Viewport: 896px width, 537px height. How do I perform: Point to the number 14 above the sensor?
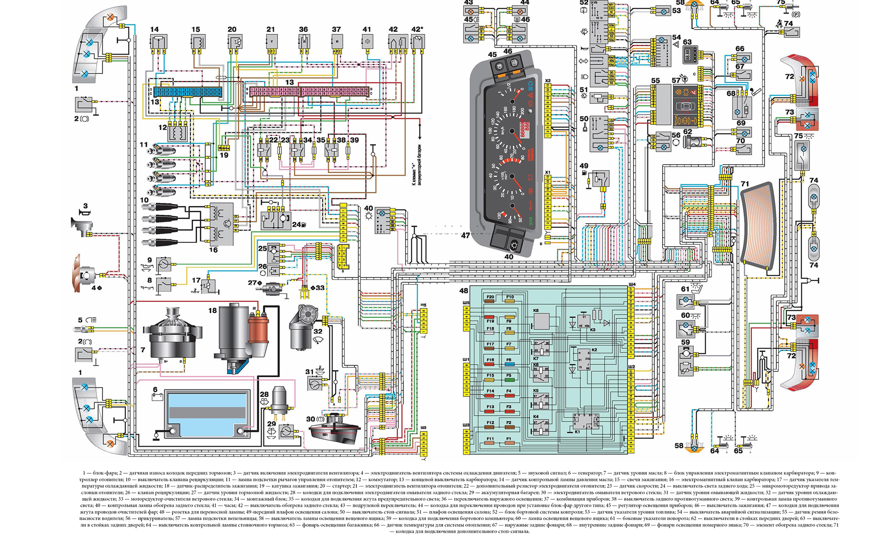(x=155, y=30)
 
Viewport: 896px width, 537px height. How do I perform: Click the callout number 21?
(x=271, y=30)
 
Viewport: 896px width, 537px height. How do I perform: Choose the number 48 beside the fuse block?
(x=464, y=291)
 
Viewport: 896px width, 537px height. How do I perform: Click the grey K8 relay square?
(x=541, y=321)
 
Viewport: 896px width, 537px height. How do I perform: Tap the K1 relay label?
(x=577, y=432)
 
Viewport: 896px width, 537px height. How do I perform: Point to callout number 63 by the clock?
(x=687, y=42)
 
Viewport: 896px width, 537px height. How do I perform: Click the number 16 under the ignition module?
(x=213, y=250)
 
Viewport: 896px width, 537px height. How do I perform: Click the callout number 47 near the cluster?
(x=466, y=235)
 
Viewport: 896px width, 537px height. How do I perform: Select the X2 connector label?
(x=547, y=81)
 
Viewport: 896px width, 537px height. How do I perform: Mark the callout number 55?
(x=655, y=81)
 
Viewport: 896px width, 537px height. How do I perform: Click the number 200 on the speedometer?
(x=521, y=111)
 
